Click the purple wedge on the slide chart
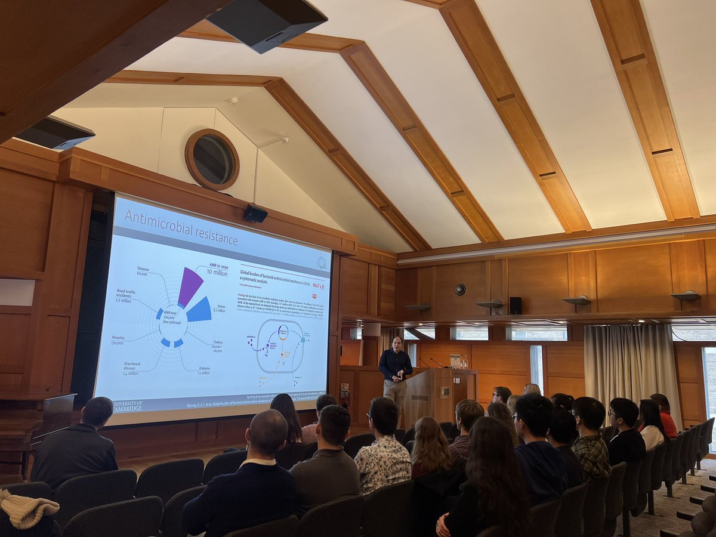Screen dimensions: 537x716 coord(189,286)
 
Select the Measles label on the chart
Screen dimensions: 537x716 coord(118,340)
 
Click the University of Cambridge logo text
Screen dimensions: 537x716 coord(128,406)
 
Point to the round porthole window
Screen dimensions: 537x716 coord(212,159)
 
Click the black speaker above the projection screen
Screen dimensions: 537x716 coord(255,213)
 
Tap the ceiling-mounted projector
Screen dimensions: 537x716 coord(267,24)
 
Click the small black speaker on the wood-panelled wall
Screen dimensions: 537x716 coord(515,305)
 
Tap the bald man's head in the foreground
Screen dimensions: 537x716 coord(267,431)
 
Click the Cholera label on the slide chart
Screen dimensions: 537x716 coord(217,345)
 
